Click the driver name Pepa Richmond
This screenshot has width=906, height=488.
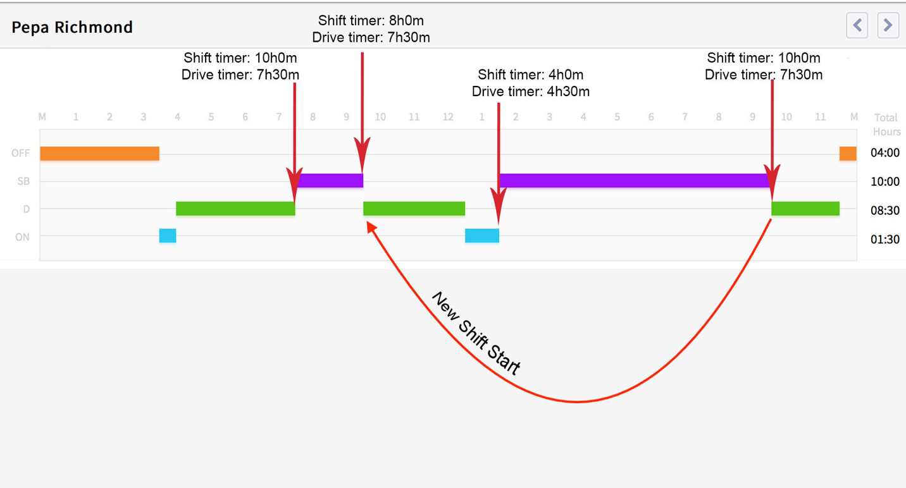point(72,27)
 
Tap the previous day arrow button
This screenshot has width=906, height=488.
point(857,25)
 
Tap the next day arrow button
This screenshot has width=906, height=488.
point(888,25)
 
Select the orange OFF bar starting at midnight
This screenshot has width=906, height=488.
point(99,153)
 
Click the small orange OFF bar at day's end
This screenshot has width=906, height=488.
point(848,153)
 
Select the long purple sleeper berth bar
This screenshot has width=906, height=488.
point(635,181)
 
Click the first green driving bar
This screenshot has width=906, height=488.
point(235,209)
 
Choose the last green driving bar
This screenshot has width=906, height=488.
point(805,209)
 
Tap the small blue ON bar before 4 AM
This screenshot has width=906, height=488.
point(168,236)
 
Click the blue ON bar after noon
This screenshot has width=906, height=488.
point(482,236)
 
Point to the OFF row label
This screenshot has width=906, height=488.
point(21,153)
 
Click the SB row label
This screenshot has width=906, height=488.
point(23,181)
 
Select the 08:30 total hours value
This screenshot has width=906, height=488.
point(884,210)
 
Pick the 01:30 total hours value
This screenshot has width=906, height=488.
point(884,239)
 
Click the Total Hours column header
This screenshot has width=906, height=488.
point(886,124)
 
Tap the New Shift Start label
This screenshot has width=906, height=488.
point(476,333)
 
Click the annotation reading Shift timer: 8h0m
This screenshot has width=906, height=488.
point(371,21)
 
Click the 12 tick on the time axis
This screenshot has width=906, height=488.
point(448,117)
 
